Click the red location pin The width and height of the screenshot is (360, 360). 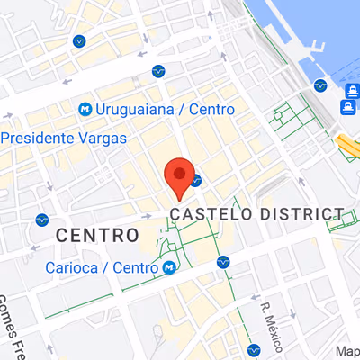[x=180, y=176]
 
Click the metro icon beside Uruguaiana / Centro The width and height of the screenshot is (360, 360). [x=85, y=109]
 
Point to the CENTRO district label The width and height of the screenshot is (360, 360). [x=97, y=235]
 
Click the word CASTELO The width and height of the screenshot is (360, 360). [x=213, y=214]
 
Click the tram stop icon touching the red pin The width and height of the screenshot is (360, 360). [x=195, y=179]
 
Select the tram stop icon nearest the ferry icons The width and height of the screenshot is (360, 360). [x=320, y=85]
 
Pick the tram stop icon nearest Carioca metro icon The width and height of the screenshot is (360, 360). [x=223, y=262]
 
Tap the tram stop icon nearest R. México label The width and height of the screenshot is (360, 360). [x=253, y=349]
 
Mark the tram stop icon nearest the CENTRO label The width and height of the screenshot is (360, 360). [x=41, y=220]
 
